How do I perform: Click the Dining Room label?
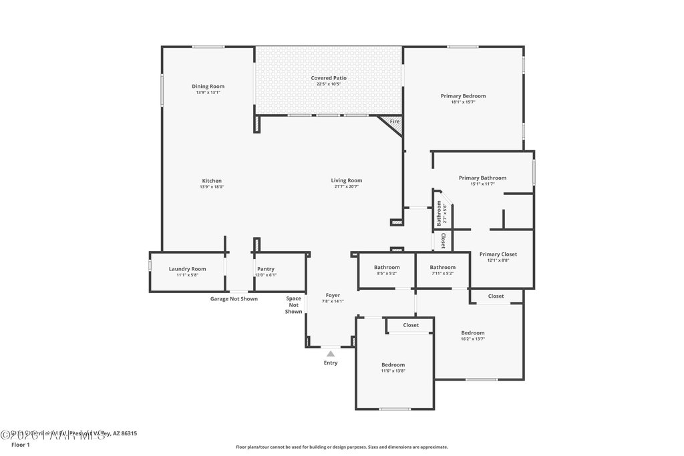(208, 86)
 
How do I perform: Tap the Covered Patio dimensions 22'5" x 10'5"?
(329, 84)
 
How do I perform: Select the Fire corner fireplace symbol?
(393, 122)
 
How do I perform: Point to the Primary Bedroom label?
(463, 96)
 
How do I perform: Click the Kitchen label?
(212, 181)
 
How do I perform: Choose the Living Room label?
(347, 180)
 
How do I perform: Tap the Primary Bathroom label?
(482, 178)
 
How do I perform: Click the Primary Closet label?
(498, 254)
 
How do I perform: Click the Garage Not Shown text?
(234, 299)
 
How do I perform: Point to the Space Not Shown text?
(294, 305)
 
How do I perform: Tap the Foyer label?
(333, 295)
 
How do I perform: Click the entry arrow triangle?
(330, 353)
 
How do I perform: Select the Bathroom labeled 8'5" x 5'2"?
(387, 268)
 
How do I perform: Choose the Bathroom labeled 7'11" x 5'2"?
(442, 268)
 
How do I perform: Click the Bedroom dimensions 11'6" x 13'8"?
(393, 371)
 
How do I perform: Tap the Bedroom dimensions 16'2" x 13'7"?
(473, 338)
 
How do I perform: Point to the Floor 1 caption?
(21, 445)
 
